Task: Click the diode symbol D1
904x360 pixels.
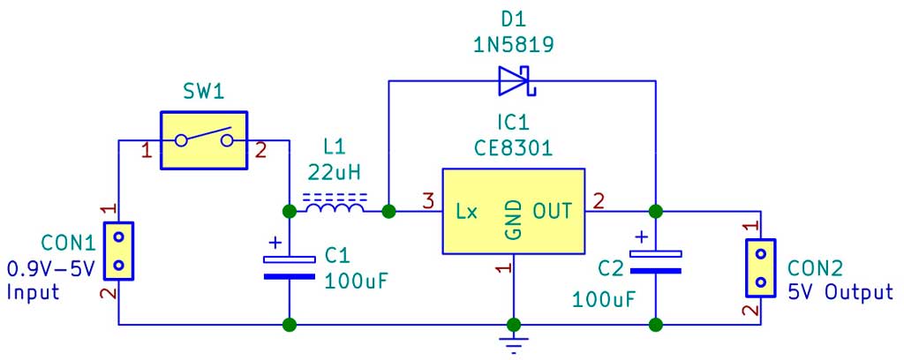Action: (x=517, y=80)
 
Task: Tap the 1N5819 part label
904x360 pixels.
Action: (x=514, y=45)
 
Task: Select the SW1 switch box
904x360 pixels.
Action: (x=204, y=140)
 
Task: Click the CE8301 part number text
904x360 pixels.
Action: (x=513, y=148)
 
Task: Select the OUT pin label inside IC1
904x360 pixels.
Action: (x=553, y=212)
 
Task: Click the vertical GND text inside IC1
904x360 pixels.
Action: (x=514, y=220)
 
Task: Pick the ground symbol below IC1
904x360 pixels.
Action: (x=514, y=341)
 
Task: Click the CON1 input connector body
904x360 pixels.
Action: (x=119, y=251)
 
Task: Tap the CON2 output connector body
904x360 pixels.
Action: (x=761, y=267)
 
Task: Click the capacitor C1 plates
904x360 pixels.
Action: (x=290, y=267)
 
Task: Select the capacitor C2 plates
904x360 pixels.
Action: (x=656, y=261)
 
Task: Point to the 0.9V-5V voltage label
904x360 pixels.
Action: (x=50, y=268)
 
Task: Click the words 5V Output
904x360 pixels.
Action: (x=840, y=293)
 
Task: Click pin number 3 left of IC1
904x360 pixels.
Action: (x=428, y=202)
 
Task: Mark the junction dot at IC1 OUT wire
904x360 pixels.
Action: (x=656, y=212)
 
